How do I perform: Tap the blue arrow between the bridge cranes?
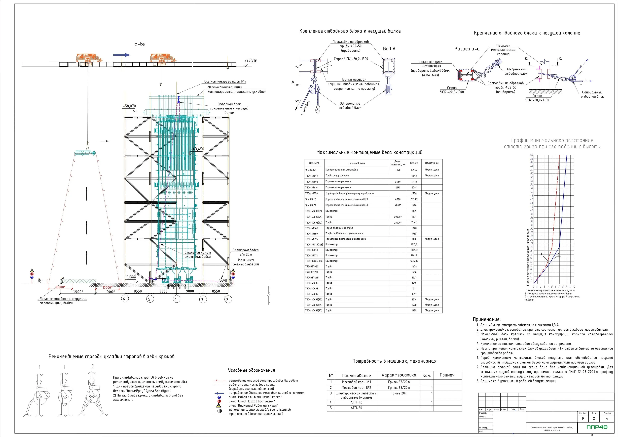point(121,55)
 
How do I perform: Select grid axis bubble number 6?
point(124,299)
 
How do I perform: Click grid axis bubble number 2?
point(228,299)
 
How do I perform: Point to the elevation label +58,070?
point(129,106)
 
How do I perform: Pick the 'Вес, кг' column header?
point(414,163)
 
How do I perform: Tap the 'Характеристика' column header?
point(399,375)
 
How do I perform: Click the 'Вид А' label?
point(389,49)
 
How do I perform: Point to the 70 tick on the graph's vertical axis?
point(531,155)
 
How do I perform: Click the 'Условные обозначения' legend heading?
point(251,370)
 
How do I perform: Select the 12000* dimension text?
point(78,292)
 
